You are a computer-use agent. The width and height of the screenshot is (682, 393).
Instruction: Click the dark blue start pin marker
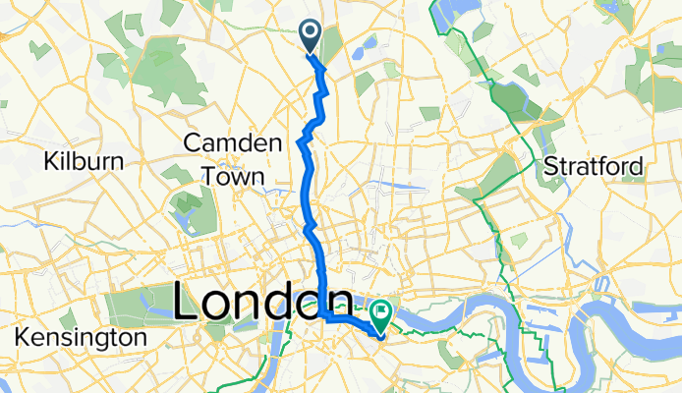click(310, 36)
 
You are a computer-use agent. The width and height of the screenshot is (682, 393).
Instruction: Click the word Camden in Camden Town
click(233, 144)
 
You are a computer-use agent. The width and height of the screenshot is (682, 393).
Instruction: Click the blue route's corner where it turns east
click(323, 315)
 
